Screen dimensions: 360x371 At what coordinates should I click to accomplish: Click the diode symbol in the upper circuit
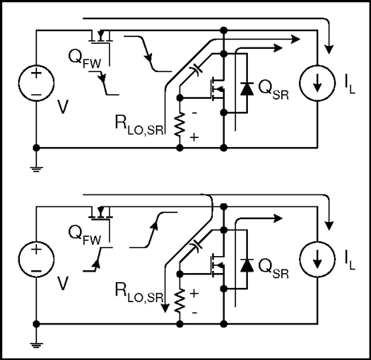pyautogui.click(x=246, y=87)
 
